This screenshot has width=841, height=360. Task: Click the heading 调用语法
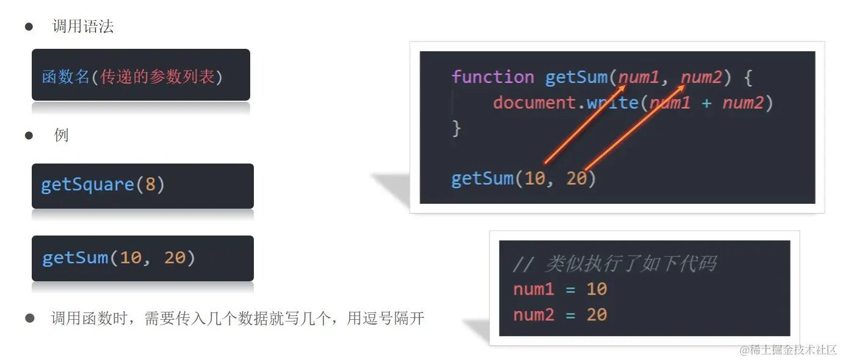(x=83, y=27)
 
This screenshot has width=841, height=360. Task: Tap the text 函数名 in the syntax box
(x=65, y=77)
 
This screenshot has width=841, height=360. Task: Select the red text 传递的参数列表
(x=157, y=77)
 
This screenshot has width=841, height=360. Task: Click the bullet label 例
(x=61, y=135)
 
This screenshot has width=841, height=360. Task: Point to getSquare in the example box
(x=87, y=185)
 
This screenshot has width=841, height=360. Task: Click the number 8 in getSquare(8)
(x=150, y=185)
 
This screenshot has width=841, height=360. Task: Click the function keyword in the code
(x=493, y=77)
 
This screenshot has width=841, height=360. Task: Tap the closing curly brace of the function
(x=456, y=129)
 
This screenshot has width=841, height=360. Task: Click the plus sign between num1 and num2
(x=706, y=103)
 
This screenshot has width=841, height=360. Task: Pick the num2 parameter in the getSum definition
(x=701, y=77)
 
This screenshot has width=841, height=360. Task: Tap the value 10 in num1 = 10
(x=596, y=289)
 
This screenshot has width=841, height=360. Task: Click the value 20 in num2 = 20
(x=596, y=315)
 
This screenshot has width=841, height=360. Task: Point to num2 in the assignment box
(x=534, y=315)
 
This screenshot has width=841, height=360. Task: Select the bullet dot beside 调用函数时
(x=30, y=318)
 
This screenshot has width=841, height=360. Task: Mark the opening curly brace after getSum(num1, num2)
(x=749, y=77)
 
